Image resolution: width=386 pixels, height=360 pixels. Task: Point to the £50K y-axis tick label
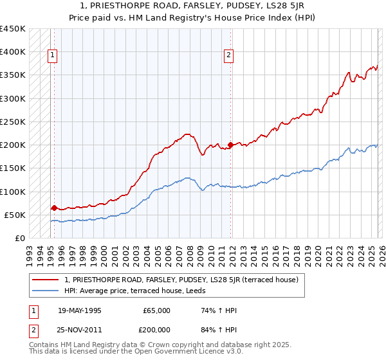(15, 215)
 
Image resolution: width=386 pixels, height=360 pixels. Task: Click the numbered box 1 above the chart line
(53, 56)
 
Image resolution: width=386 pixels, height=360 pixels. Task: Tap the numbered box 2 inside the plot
(228, 56)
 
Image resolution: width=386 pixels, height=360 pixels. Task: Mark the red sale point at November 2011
(230, 145)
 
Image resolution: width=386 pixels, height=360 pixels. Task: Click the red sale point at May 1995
(53, 208)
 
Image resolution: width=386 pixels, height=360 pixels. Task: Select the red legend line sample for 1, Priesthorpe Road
(45, 280)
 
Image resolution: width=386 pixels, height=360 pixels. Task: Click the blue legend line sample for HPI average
(45, 291)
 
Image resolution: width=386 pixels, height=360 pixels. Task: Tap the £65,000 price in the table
(157, 310)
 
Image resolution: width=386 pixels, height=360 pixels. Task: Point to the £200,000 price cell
(154, 328)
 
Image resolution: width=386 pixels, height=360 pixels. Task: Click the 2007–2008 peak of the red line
(187, 134)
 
